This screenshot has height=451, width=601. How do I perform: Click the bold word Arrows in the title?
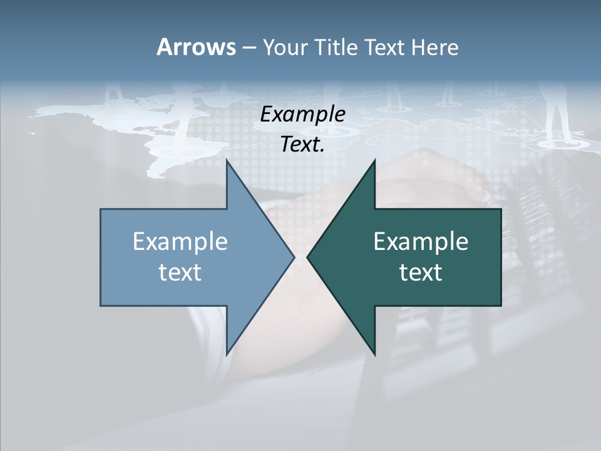point(195,47)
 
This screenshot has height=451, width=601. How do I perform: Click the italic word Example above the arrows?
point(303,114)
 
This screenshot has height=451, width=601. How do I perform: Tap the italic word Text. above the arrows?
point(303,145)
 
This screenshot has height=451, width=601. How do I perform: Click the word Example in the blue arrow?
point(180,242)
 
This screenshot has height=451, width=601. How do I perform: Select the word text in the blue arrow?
point(180,272)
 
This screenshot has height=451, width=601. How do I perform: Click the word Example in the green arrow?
point(421,242)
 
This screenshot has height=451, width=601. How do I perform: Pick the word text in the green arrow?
point(421,272)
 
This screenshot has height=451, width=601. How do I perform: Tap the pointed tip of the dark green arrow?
point(308,257)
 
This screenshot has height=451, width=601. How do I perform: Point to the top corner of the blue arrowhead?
point(227,162)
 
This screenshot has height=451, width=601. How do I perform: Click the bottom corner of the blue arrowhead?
point(227,353)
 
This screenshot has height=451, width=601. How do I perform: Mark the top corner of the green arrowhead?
point(374,162)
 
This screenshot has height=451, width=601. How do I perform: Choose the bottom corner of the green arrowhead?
point(374,353)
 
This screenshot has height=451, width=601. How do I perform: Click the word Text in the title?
point(386,48)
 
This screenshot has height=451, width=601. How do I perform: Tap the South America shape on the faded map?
point(163,150)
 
